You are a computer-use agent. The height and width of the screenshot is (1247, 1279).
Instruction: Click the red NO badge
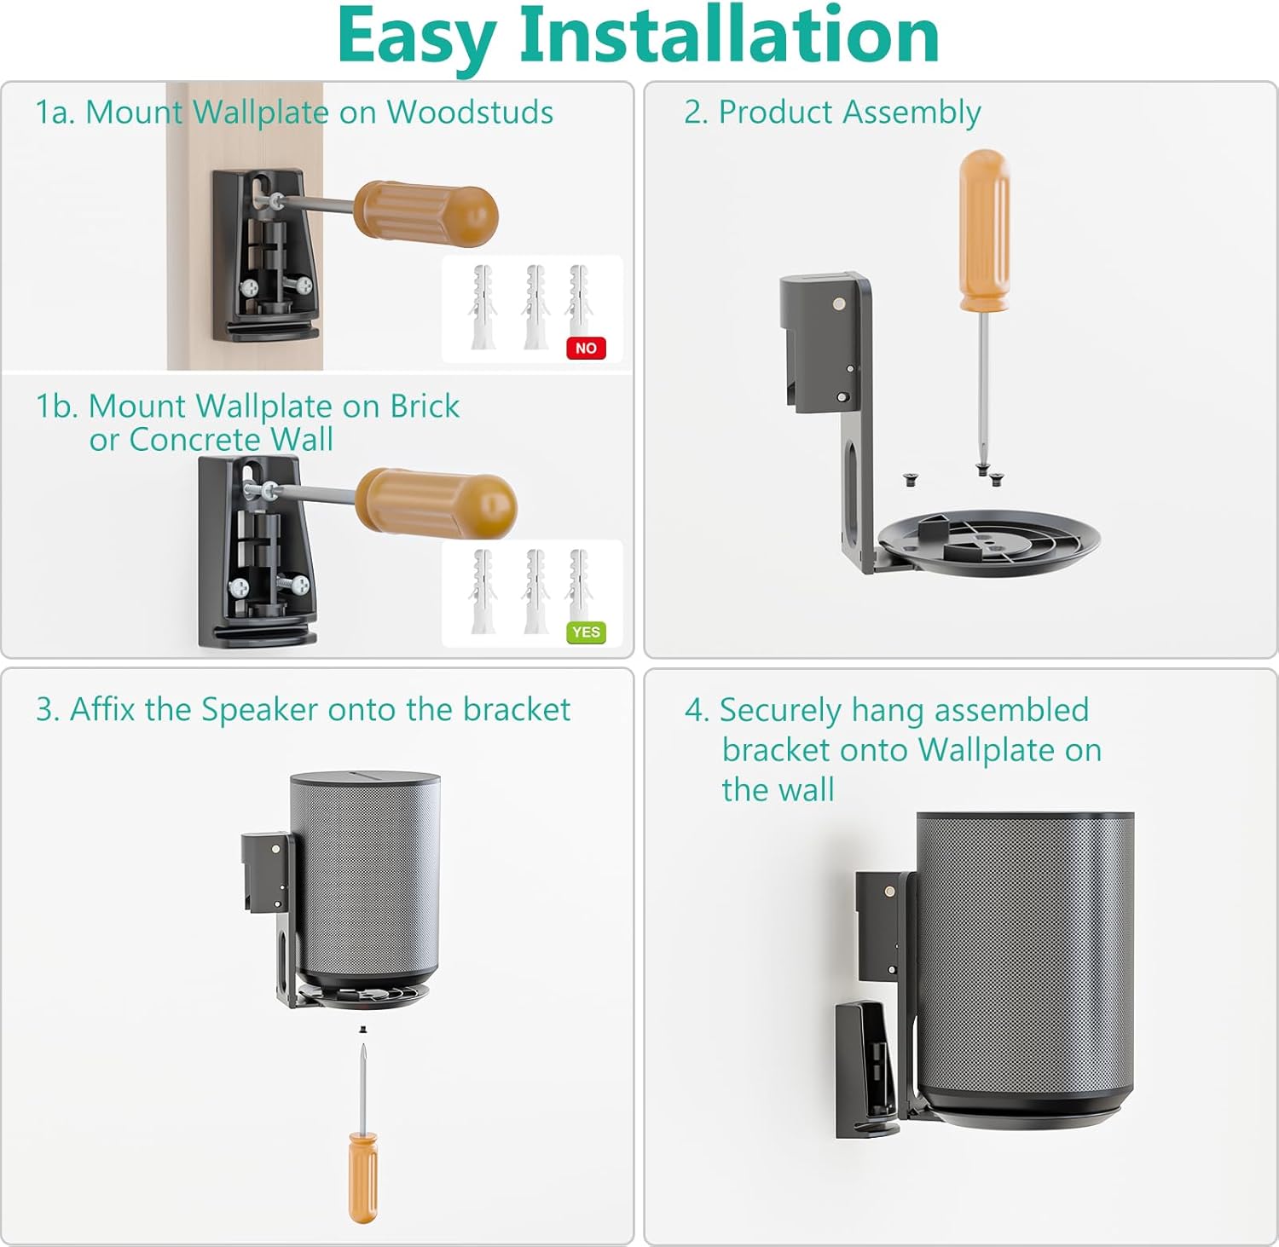click(586, 348)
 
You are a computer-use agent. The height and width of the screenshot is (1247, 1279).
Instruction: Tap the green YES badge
click(586, 632)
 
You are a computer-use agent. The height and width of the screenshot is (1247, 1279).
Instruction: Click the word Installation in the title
click(729, 36)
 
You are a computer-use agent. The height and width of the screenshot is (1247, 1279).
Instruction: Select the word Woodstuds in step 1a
click(470, 112)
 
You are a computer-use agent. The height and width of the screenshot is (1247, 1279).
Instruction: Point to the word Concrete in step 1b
click(195, 440)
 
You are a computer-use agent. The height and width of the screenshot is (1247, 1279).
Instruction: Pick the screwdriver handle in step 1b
click(436, 503)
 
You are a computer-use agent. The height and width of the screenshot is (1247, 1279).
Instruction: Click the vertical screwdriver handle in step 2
click(984, 230)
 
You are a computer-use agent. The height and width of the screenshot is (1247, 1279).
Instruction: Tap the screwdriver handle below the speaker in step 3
click(362, 1176)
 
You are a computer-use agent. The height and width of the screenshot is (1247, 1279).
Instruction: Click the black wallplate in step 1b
click(256, 550)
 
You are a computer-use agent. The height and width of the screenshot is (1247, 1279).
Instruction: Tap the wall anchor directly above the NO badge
click(579, 303)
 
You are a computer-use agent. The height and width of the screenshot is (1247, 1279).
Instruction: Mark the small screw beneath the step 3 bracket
click(362, 1030)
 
